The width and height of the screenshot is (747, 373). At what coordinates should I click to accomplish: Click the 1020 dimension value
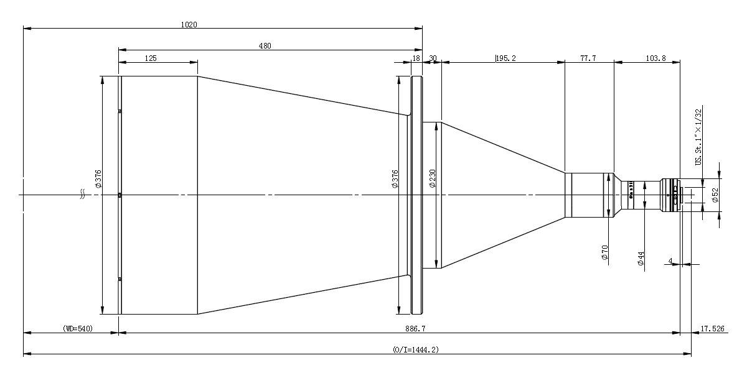[x=189, y=25]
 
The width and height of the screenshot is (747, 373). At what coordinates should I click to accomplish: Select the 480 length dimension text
[x=265, y=46]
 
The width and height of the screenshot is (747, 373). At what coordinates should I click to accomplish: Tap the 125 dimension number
[x=151, y=58]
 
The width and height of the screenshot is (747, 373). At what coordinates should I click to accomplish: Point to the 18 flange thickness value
[x=416, y=58]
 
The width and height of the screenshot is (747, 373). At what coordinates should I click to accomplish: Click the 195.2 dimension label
[x=506, y=58]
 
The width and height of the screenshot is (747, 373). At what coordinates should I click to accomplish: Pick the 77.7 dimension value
[x=588, y=58]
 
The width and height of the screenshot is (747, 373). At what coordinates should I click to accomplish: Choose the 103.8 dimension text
[x=655, y=58]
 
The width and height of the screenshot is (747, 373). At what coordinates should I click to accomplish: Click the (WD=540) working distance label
[x=78, y=329]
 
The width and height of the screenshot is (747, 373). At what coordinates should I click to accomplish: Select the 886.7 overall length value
[x=415, y=329]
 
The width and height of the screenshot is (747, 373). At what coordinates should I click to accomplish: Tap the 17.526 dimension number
[x=712, y=329]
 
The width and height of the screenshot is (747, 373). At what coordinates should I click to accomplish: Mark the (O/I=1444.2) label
[x=416, y=349]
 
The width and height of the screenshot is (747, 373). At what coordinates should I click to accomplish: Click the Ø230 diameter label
[x=432, y=178]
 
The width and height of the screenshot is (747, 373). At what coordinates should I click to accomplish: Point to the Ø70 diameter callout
[x=605, y=252]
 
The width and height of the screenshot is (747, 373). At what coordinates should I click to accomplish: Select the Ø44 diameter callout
[x=641, y=259]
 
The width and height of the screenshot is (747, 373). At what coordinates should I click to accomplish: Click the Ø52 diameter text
[x=715, y=195]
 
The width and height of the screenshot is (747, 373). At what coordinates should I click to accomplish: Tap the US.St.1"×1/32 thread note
[x=698, y=137]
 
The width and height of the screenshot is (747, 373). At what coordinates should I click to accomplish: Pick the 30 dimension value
[x=433, y=58]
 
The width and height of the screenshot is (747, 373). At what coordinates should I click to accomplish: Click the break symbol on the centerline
[x=82, y=195]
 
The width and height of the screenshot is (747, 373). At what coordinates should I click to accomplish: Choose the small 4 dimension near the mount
[x=670, y=260]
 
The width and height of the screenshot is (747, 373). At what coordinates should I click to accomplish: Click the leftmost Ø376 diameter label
[x=98, y=179]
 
